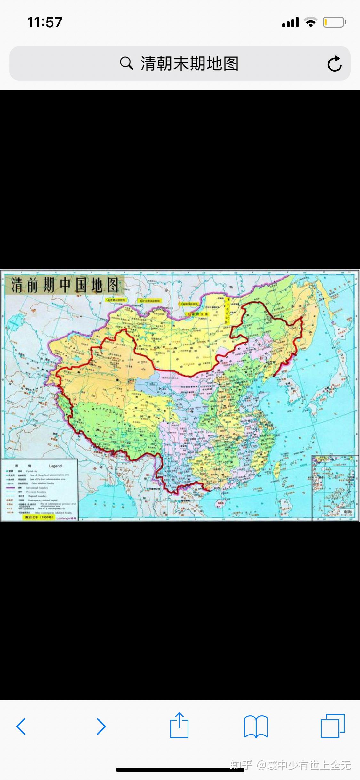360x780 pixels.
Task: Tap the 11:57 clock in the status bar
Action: coord(44,22)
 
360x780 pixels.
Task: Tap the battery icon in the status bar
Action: coord(334,22)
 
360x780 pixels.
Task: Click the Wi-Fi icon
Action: coord(310,22)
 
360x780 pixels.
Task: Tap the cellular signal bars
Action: coord(290,22)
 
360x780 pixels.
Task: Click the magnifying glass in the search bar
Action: coord(126,63)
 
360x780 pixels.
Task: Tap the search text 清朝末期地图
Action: coord(189,63)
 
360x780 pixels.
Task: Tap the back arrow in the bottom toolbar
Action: coord(21,726)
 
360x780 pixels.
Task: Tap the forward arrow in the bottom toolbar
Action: coord(101,726)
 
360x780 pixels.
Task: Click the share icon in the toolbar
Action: coord(179,726)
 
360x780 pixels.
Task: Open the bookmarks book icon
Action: coord(256,726)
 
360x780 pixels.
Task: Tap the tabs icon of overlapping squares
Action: coord(332,726)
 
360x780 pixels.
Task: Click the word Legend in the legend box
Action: coord(55,466)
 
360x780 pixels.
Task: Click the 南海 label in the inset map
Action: coord(348,512)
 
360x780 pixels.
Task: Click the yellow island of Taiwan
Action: coord(277,469)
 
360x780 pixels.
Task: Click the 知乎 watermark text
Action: coord(241,765)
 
